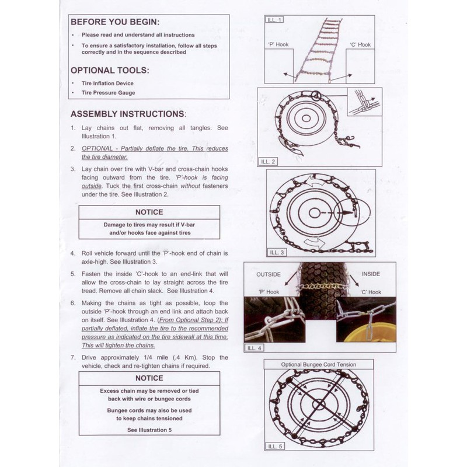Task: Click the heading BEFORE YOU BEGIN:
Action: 114,22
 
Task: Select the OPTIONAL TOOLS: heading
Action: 110,71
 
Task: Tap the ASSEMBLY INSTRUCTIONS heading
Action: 128,114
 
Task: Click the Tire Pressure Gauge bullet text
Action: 108,93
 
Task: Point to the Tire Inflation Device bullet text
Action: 107,83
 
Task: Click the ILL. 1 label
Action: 274,20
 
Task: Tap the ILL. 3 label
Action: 277,252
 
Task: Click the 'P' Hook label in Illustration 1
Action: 278,44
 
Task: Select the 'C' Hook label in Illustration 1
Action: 360,44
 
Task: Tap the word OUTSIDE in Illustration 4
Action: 269,274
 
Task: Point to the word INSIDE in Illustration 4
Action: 371,274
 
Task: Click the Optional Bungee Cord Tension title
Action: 319,365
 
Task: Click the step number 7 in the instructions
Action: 72,357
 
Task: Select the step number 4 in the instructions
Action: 72,254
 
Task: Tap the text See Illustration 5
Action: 149,430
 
